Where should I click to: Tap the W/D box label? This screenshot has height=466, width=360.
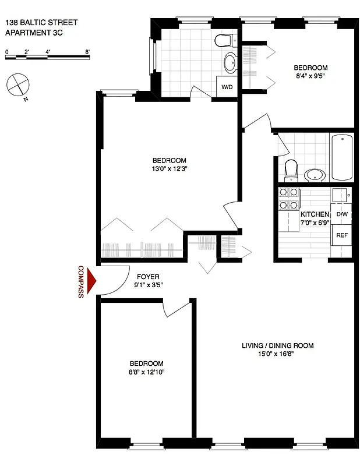pos(225,87)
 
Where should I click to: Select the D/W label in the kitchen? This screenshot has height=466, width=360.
pos(341,214)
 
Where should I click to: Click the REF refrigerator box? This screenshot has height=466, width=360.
pos(341,236)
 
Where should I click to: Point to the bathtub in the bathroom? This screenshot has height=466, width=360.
pos(341,157)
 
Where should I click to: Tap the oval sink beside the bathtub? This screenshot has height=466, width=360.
pos(315,174)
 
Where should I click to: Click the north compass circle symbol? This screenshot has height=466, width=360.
pos(17,84)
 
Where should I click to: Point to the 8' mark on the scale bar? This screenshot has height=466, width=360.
pos(87,52)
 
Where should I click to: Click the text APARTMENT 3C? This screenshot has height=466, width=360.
pos(34,34)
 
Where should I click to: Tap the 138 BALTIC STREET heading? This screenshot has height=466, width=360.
pos(41,23)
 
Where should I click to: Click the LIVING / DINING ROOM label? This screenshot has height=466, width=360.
pos(277,345)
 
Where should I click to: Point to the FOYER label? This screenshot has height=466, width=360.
pos(148,277)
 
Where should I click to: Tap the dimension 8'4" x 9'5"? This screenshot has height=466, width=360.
pos(310,76)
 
